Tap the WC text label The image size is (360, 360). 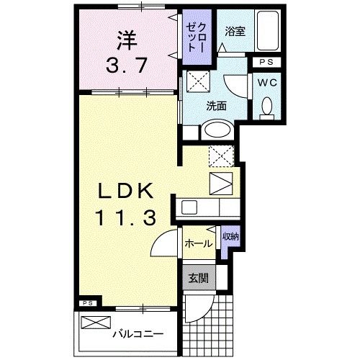267,84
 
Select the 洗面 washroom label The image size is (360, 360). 217,106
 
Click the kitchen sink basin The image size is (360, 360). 190,207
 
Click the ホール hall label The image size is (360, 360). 198,243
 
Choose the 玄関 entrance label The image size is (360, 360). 197,278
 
